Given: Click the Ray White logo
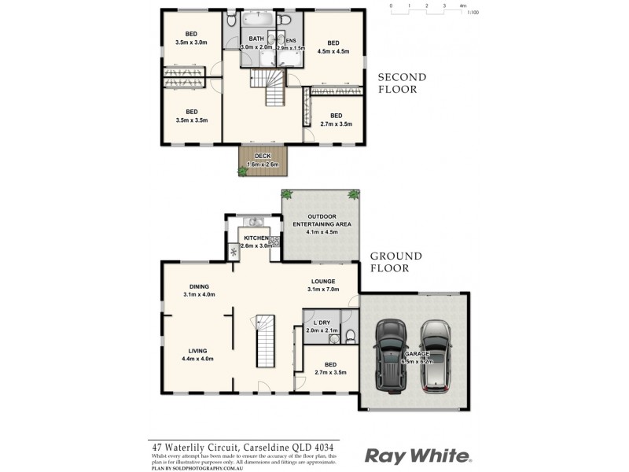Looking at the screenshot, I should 417,455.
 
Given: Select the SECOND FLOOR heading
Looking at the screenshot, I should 402,83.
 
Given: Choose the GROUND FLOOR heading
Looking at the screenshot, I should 396,262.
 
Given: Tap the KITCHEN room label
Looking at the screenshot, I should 256,238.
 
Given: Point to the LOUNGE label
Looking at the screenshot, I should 322,281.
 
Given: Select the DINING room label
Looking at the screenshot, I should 198,286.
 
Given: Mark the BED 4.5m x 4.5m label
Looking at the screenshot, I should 333,46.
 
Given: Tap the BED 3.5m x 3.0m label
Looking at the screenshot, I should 191,38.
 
